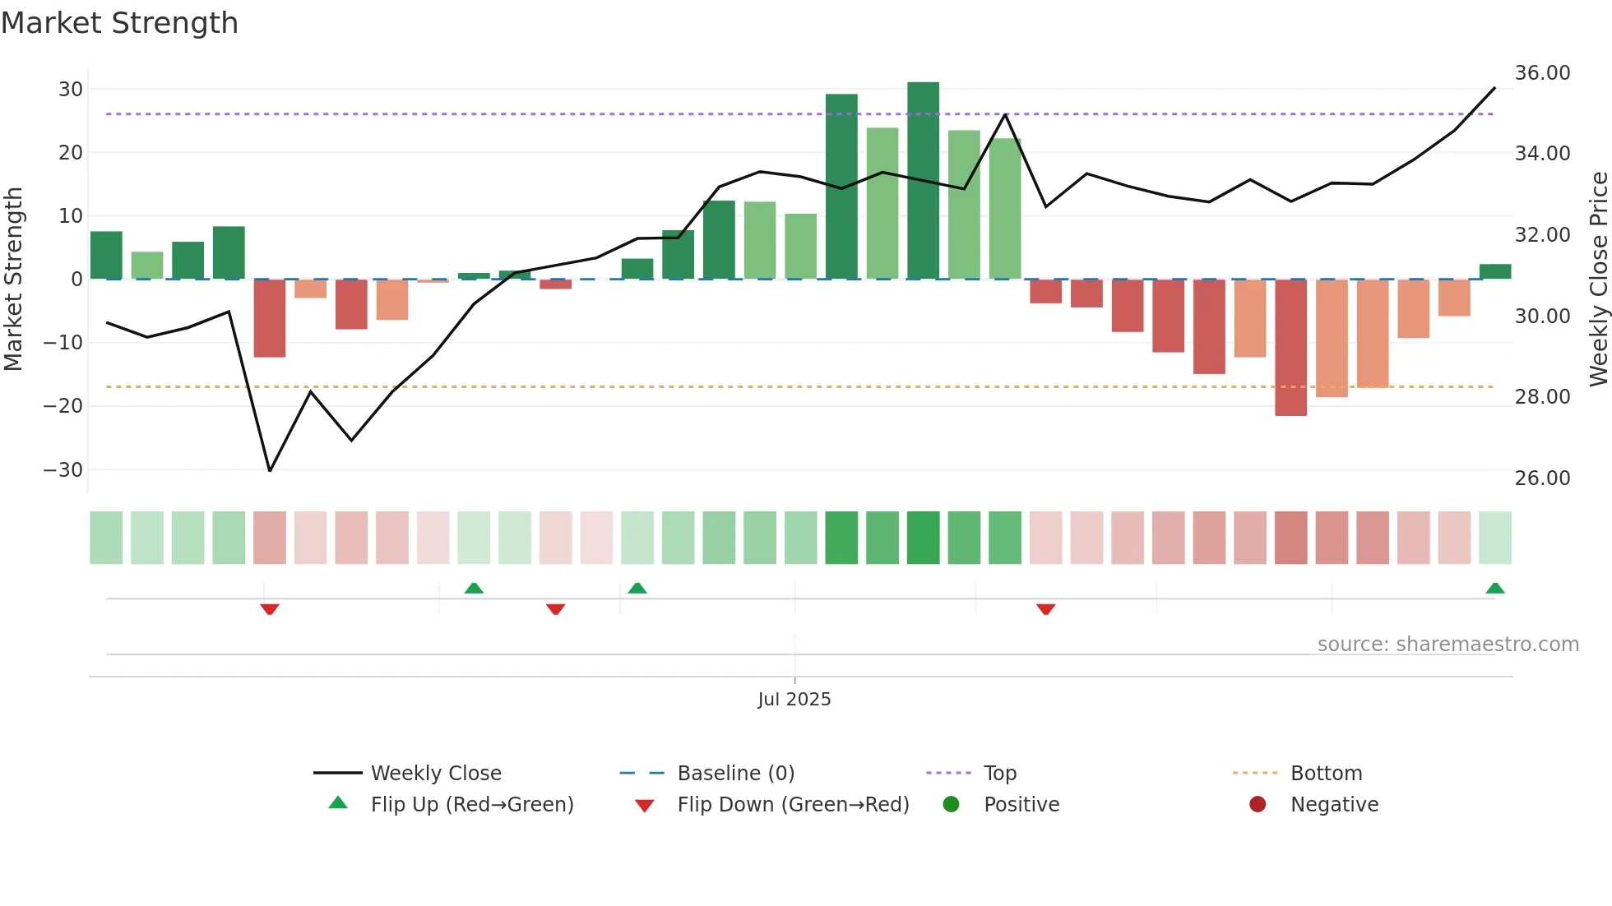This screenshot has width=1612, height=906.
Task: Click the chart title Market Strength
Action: (119, 23)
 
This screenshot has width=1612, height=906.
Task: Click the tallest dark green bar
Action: (923, 181)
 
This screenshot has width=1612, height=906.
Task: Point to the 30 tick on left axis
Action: (71, 89)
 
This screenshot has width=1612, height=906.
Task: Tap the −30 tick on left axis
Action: (63, 470)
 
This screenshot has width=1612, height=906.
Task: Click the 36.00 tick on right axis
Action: (1542, 73)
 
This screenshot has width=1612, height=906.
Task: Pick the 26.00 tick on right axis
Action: (1542, 478)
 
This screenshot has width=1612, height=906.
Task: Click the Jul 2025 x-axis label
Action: (794, 700)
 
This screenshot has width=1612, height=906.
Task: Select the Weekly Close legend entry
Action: (435, 774)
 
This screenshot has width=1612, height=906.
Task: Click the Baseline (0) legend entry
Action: (735, 774)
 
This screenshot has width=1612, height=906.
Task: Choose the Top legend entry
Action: (999, 774)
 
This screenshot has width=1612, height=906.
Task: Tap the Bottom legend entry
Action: (1326, 774)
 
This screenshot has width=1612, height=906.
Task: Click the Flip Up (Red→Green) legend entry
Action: (471, 805)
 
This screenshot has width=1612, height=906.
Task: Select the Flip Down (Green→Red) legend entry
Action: (793, 805)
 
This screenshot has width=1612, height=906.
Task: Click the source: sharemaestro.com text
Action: (1448, 645)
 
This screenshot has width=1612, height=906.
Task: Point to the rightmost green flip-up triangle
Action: (1494, 589)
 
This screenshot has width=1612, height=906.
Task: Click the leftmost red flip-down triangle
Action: (270, 609)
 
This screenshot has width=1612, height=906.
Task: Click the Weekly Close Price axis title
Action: (1598, 280)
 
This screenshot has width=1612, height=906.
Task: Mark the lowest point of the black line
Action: (270, 470)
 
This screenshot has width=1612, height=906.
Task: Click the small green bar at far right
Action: (1494, 272)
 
